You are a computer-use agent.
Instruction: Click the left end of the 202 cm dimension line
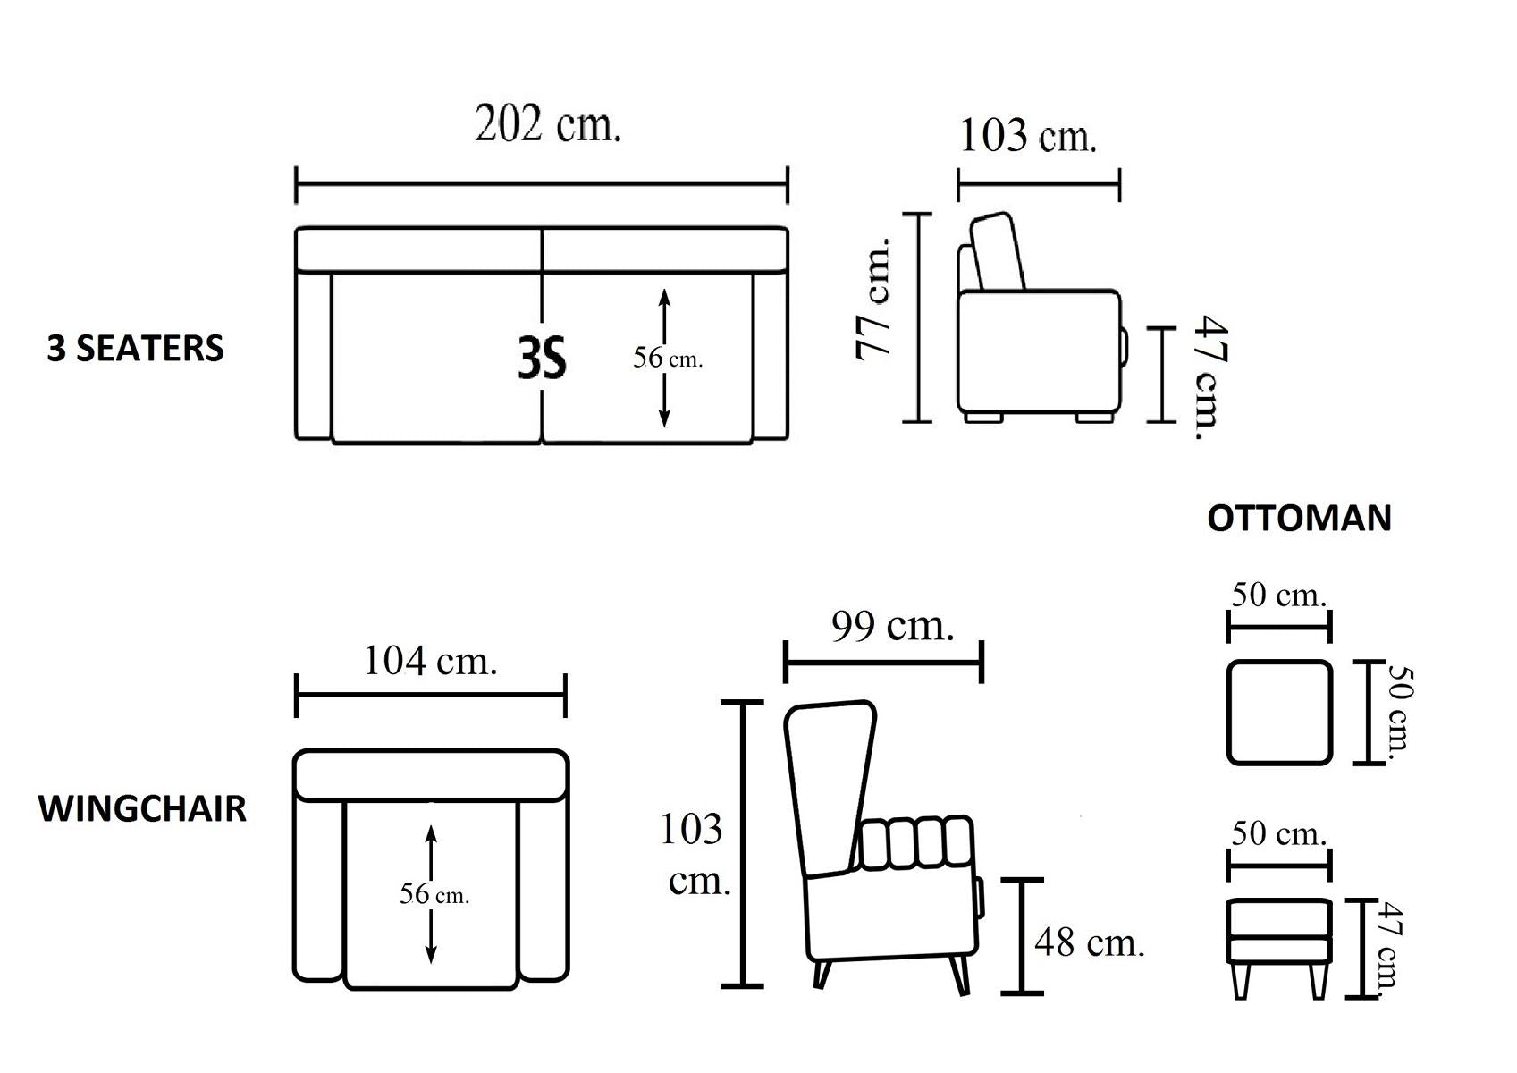[x=297, y=184]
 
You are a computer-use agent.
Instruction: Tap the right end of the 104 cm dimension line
[x=566, y=695]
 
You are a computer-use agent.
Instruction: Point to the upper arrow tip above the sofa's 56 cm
[x=664, y=290]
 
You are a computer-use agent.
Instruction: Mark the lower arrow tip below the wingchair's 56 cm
[x=431, y=962]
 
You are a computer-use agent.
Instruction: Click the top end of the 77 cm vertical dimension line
[x=918, y=214]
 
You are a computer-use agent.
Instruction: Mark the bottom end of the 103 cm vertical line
[x=743, y=985]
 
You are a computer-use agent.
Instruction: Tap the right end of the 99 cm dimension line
[x=982, y=662]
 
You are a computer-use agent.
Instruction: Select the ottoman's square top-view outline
[x=1280, y=661]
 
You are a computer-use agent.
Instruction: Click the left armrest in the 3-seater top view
[x=314, y=356]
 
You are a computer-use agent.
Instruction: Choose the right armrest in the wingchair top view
[x=544, y=890]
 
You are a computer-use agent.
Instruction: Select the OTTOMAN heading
[x=1299, y=519]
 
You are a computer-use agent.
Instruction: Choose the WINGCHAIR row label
[x=142, y=808]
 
